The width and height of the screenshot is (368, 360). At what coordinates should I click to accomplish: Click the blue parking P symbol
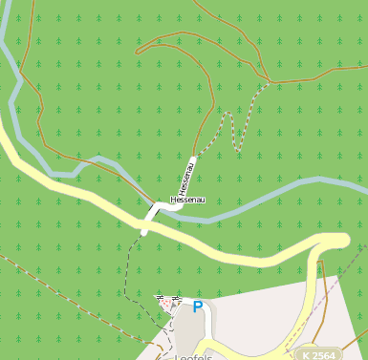198,307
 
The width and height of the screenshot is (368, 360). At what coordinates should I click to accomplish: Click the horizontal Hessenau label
188,200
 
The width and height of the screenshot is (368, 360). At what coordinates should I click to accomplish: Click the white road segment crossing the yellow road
146,225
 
